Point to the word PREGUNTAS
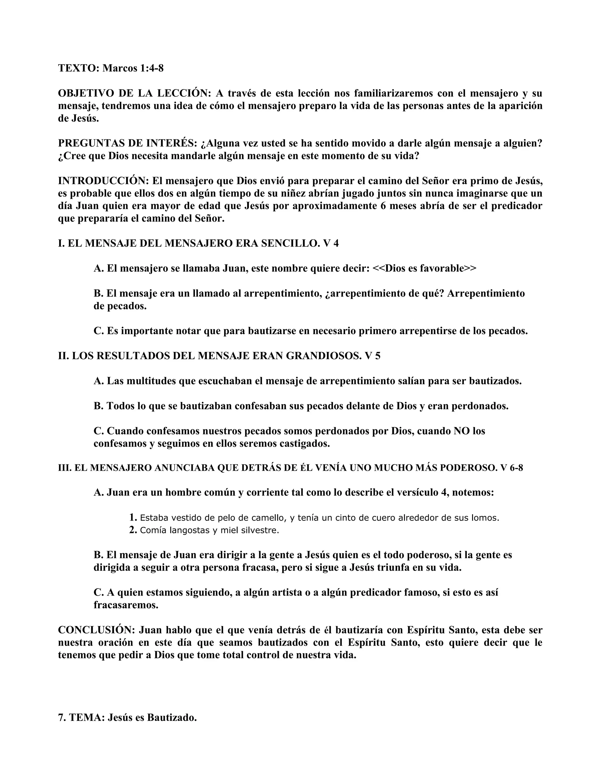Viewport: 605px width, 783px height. pos(89,143)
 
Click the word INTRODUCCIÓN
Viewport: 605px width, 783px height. pos(103,181)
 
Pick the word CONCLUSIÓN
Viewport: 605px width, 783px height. pos(96,630)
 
